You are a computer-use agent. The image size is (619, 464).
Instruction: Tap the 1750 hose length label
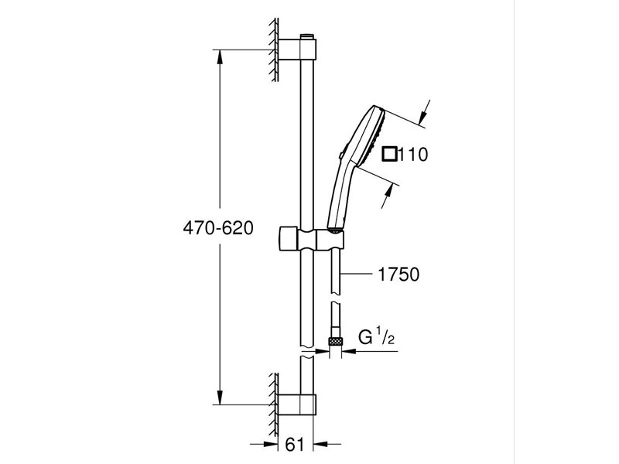click(399, 274)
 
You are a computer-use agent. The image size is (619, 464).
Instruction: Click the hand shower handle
click(339, 193)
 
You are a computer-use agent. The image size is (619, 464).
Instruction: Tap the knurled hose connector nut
click(336, 341)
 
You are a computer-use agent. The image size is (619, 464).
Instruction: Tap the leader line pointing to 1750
click(361, 274)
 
